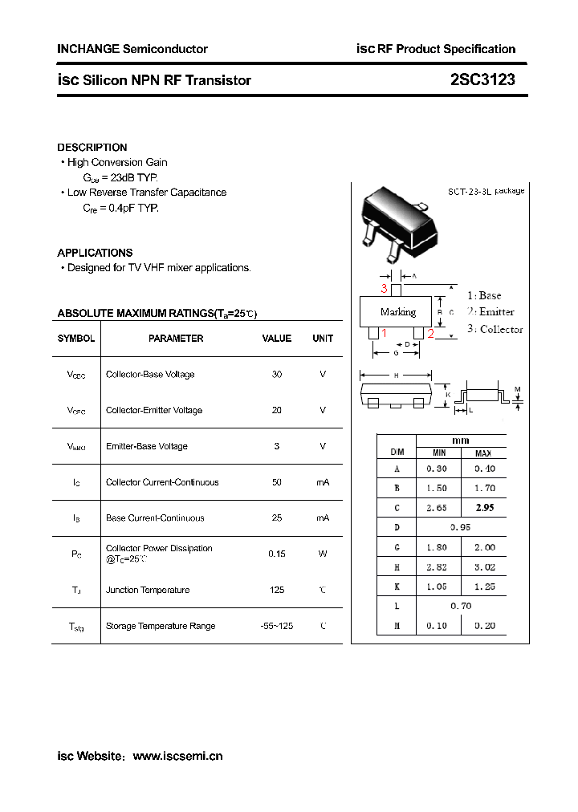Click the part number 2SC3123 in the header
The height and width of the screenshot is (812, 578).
tap(482, 80)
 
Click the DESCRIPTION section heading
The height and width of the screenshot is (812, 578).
tap(92, 148)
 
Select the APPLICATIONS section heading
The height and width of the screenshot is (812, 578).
tap(95, 253)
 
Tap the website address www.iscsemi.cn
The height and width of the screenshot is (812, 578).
tap(177, 756)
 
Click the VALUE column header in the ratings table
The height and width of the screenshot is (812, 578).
tap(277, 339)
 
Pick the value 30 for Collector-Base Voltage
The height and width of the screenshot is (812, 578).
tap(277, 375)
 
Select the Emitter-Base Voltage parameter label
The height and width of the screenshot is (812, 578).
tap(147, 446)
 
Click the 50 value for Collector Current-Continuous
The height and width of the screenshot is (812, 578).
tap(277, 482)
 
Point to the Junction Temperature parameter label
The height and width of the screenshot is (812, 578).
tap(148, 590)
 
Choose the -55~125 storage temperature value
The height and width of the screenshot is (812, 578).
tap(277, 626)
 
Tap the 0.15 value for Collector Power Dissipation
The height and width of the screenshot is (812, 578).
tap(277, 554)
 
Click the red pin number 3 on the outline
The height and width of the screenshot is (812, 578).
tap(385, 289)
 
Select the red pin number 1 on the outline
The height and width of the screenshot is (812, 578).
tap(384, 333)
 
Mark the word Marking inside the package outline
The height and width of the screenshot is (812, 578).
tap(398, 312)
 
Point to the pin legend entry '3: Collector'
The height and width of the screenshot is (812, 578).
tap(495, 329)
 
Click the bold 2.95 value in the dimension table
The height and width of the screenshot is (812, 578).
tap(485, 508)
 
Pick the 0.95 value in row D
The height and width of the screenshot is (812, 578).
tap(461, 527)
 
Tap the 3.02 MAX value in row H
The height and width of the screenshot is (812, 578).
tap(485, 566)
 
